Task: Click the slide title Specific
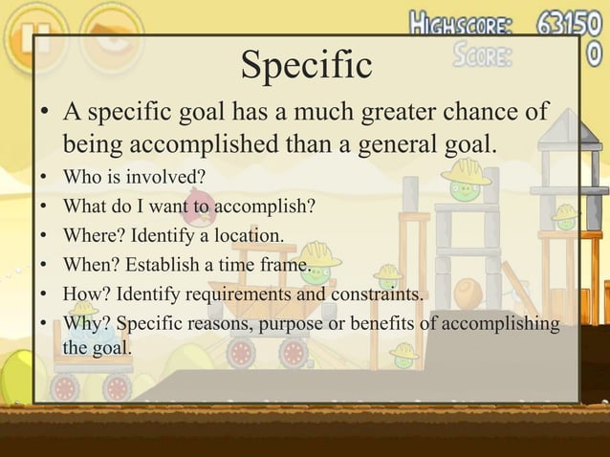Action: coord(306,65)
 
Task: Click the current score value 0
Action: coord(594,54)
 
